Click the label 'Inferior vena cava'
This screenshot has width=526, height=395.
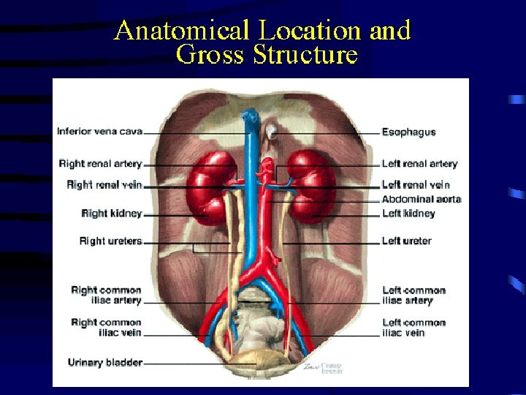pos(99,132)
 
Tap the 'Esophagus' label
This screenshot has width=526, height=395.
pos(408,132)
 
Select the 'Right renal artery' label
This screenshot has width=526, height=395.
pos(100,164)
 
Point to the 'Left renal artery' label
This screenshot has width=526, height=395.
pos(419,164)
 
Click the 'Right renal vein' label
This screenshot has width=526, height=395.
pos(104,185)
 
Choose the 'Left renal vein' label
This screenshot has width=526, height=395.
pos(415,185)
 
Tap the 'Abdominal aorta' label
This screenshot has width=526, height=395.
pos(422,199)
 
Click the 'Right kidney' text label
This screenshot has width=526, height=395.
pos(112,214)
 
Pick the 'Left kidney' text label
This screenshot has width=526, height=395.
pos(408,214)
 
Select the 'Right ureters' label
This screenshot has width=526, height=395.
pos(110,241)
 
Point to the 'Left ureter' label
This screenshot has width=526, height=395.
pos(406,241)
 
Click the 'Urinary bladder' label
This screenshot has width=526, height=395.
pos(104,362)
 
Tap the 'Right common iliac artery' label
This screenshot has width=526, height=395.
pos(106,296)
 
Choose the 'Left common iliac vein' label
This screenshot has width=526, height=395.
pos(413,328)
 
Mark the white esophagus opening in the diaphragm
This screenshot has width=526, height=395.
pos(272,132)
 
